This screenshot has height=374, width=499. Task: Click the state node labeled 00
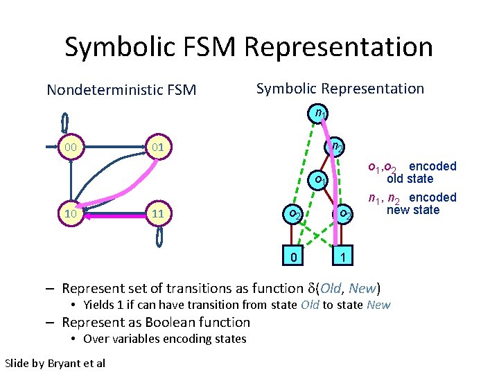click(x=69, y=148)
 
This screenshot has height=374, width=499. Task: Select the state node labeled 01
click(x=158, y=148)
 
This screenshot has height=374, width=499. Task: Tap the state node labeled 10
click(x=69, y=214)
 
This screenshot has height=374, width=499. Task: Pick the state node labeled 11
click(x=158, y=214)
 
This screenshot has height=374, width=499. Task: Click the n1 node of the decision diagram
click(x=319, y=112)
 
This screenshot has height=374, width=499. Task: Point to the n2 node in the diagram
click(x=336, y=147)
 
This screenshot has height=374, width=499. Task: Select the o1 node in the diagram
click(x=318, y=180)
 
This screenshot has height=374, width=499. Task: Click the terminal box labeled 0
click(x=295, y=258)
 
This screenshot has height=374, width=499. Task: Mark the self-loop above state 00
click(x=65, y=123)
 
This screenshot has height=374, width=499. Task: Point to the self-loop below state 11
click(x=160, y=238)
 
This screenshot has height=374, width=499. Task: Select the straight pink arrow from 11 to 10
click(x=114, y=215)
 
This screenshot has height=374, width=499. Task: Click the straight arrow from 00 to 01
click(x=114, y=148)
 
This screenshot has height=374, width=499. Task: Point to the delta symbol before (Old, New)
click(x=310, y=288)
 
